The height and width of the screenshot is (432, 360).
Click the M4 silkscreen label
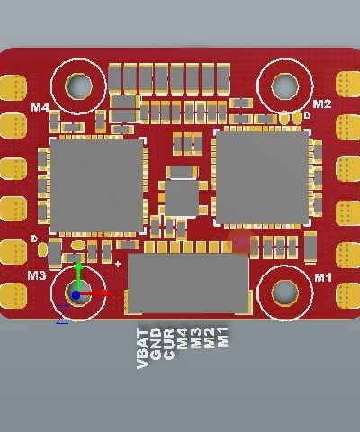[x=40, y=107]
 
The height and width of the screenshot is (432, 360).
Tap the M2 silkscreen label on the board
[x=322, y=103]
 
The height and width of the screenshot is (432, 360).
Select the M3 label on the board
[x=37, y=275]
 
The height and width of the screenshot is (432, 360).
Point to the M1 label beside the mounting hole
[x=323, y=278]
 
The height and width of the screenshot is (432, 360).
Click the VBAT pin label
[x=142, y=348]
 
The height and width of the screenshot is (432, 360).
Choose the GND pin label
[x=156, y=344]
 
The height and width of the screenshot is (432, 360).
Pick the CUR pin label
[x=169, y=344]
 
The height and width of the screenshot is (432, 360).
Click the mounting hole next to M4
[x=78, y=86]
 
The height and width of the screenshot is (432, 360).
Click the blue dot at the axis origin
[x=76, y=295]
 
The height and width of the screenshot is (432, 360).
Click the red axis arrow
[x=94, y=293]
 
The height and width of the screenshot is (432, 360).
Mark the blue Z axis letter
[x=63, y=314]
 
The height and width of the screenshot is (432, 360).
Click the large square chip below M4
[x=96, y=186]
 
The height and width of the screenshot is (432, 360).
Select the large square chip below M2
[x=262, y=177]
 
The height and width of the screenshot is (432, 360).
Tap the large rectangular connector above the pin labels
[x=188, y=283]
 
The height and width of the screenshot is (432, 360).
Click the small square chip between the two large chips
[x=182, y=197]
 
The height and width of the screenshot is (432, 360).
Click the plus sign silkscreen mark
[x=119, y=264]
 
